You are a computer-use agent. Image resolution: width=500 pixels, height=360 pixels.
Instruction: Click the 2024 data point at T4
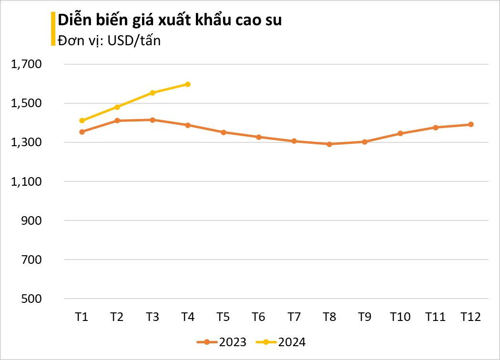coord(188,84)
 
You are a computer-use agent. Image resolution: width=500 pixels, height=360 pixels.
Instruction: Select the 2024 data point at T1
coord(82,120)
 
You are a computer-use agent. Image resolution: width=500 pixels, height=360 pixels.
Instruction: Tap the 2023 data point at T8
coord(329,144)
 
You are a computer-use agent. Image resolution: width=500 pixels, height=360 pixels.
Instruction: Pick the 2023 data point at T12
coord(470,124)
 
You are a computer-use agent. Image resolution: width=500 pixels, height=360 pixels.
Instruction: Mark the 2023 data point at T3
coord(153,120)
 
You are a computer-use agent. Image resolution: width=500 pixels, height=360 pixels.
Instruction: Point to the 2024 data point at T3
coord(153,93)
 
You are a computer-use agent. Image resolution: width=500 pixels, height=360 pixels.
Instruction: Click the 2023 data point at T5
coord(223,132)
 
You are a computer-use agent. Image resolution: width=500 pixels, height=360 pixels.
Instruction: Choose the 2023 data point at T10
coord(400,133)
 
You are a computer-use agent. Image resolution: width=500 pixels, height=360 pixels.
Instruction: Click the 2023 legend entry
coord(221,342)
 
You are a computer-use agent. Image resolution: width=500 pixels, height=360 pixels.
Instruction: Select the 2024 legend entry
coord(281,342)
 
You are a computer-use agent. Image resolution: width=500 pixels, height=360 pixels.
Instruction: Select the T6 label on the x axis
coord(258,317)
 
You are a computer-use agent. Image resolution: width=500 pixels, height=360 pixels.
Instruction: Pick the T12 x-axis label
coord(470,317)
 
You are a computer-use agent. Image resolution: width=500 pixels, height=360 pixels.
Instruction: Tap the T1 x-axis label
coord(82,317)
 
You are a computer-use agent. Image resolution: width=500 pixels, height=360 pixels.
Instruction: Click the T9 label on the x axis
coord(365,317)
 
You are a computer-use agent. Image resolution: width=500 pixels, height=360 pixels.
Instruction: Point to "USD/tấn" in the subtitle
coord(134,41)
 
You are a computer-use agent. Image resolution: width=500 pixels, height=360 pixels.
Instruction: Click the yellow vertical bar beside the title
coord(53,29)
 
